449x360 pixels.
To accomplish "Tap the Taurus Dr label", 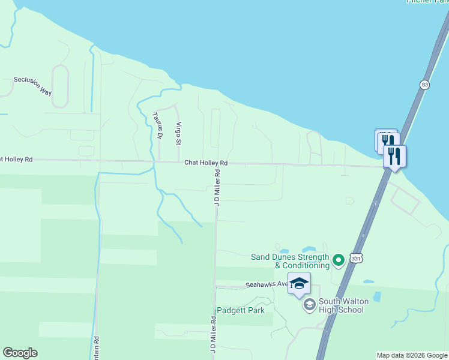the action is (x=157, y=125).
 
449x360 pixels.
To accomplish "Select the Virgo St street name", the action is (x=178, y=133).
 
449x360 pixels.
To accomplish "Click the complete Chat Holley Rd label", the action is (x=206, y=163).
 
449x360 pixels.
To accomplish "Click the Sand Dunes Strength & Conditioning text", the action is (x=290, y=261).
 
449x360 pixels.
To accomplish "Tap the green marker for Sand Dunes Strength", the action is (x=339, y=260).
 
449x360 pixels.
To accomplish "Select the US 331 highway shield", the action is (x=356, y=257).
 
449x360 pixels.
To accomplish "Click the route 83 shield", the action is (x=425, y=85).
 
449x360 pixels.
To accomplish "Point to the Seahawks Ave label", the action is (x=264, y=286).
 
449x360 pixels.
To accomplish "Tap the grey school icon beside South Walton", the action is (x=309, y=305).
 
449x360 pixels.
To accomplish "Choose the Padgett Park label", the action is (x=240, y=310).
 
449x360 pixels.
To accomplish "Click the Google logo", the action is (x=20, y=353).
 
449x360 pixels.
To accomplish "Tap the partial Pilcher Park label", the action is (x=427, y=2).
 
